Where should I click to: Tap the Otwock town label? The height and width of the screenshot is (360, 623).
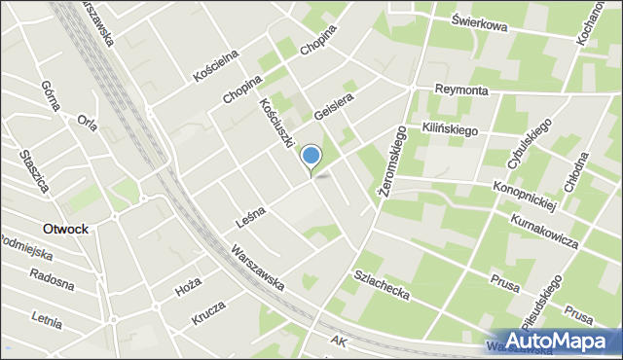[x=65, y=229]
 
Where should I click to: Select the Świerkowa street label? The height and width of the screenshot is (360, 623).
[x=480, y=23]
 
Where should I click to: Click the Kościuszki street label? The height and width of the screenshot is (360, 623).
[x=276, y=122]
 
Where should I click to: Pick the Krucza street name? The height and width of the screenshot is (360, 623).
[x=208, y=312]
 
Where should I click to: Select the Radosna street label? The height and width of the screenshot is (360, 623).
[x=52, y=283]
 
